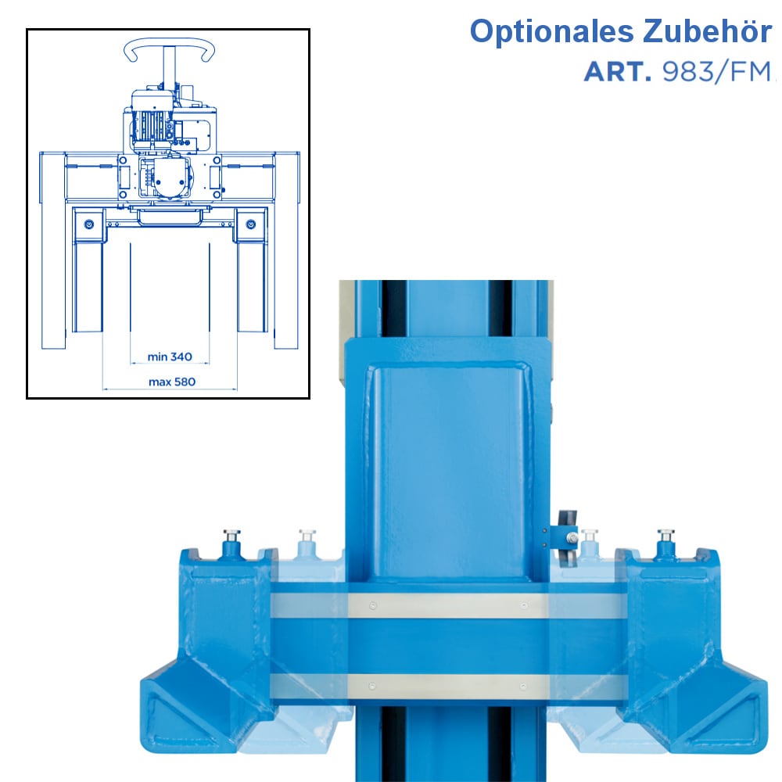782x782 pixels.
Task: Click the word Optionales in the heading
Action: [551, 33]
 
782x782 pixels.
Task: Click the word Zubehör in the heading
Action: [707, 31]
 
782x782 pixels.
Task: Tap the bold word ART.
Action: [618, 72]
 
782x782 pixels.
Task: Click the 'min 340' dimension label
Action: [170, 357]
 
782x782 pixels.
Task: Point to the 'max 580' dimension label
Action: [172, 382]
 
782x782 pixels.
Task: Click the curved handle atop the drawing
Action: [169, 50]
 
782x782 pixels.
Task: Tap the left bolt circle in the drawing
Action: [89, 224]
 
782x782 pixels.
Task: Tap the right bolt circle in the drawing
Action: [251, 224]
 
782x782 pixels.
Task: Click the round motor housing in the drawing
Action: [171, 178]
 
